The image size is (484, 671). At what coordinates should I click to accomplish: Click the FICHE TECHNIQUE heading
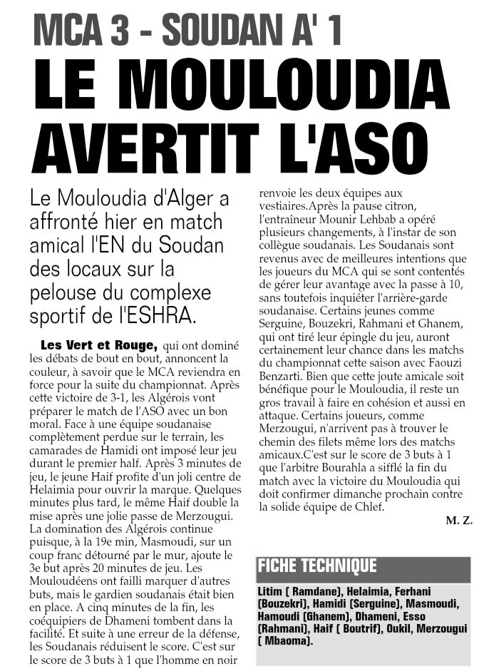[317, 567]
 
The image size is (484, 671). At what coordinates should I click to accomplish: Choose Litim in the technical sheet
[271, 592]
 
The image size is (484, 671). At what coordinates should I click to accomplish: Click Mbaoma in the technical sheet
[285, 641]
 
